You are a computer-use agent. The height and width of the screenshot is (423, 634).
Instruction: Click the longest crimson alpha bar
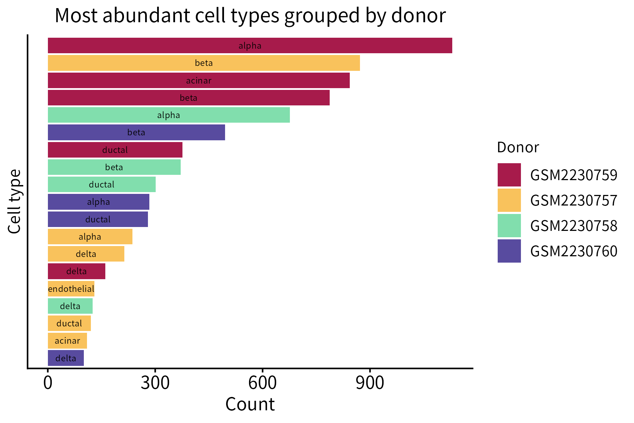[250, 45]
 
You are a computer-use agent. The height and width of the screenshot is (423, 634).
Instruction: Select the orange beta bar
[204, 63]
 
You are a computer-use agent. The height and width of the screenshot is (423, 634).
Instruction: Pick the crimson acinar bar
[199, 80]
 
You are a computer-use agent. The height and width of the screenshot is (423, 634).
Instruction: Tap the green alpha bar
[169, 115]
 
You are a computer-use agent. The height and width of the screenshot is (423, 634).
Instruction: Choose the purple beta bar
[136, 133]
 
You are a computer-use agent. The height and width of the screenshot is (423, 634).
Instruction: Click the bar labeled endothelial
[71, 289]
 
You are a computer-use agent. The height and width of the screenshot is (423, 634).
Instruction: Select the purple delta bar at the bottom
[66, 358]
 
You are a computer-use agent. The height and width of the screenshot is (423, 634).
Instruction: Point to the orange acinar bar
[67, 341]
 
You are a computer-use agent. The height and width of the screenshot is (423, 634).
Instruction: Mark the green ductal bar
[101, 184]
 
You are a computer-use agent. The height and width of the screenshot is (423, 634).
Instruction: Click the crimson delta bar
[76, 271]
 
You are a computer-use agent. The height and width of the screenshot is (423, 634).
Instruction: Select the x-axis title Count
[250, 404]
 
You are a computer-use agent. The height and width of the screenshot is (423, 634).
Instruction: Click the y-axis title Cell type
[14, 201]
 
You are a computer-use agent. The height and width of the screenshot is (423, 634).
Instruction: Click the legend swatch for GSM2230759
[509, 175]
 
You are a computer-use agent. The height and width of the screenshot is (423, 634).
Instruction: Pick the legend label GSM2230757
[573, 200]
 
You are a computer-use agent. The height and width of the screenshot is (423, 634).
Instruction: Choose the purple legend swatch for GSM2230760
[509, 251]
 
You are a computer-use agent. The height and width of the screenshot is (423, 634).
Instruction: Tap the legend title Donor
[518, 147]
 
